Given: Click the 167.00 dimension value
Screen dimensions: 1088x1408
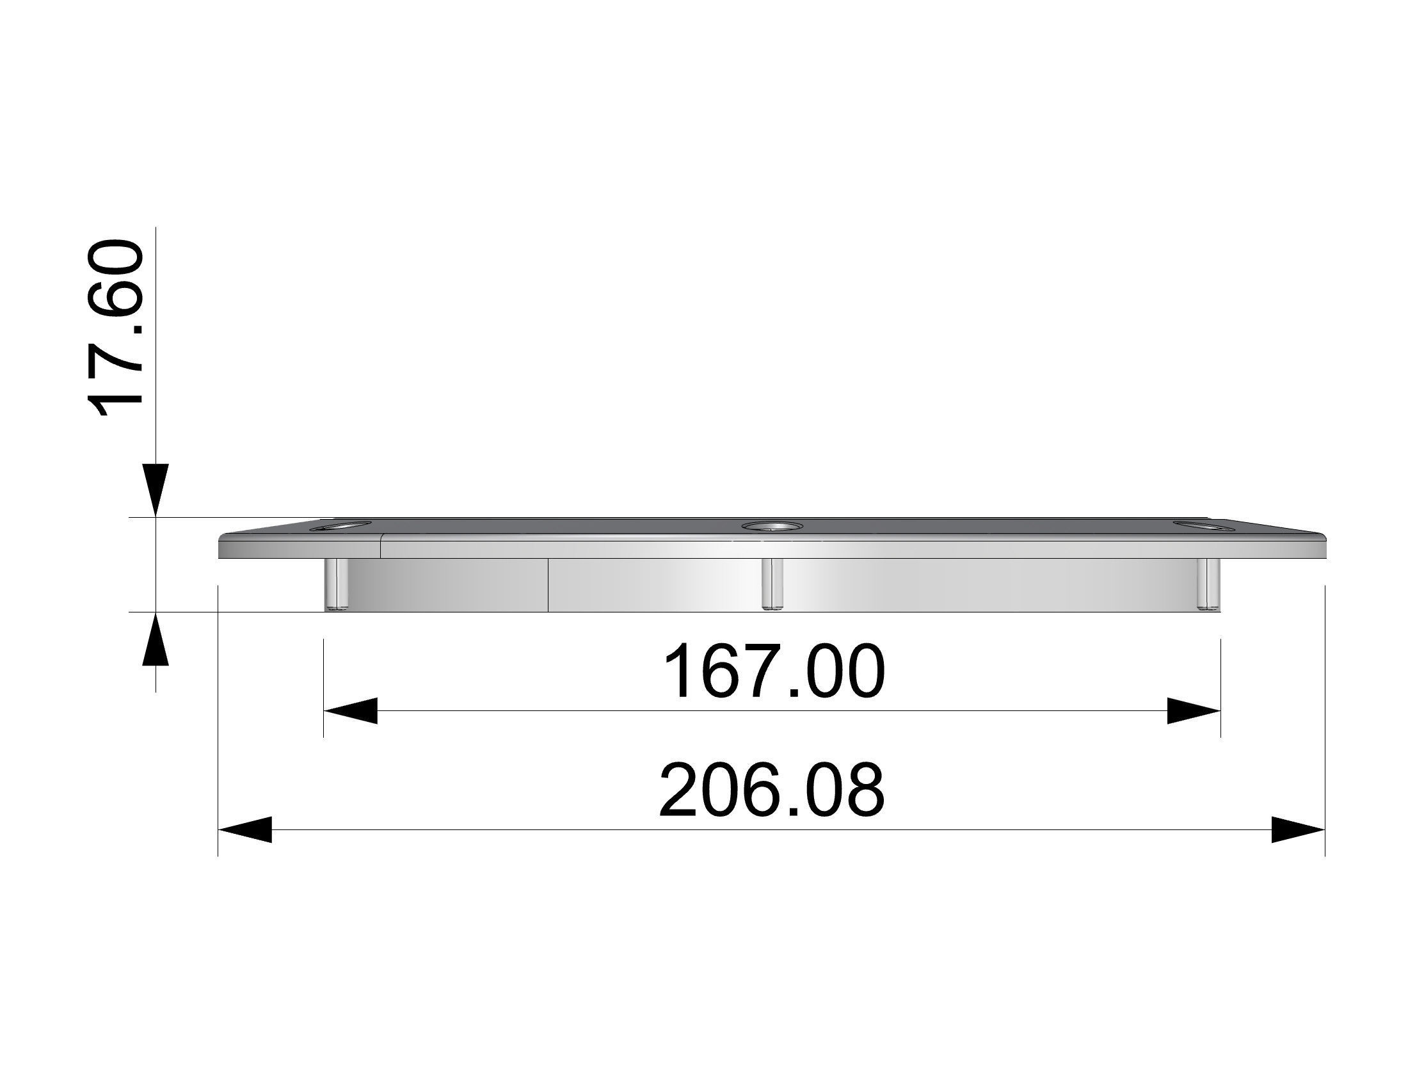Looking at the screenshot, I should (x=773, y=673).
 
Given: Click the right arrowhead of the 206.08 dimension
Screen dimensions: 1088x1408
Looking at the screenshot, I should (x=1297, y=829).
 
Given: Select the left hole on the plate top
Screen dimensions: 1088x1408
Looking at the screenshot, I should (x=340, y=527).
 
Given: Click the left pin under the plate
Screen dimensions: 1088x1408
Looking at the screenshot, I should (x=336, y=584).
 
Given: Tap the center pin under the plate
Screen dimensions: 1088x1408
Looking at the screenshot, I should (x=772, y=584).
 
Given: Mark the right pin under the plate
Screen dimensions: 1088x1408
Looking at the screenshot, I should (x=1208, y=584).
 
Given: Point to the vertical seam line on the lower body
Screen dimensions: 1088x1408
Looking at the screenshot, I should (x=548, y=584).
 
